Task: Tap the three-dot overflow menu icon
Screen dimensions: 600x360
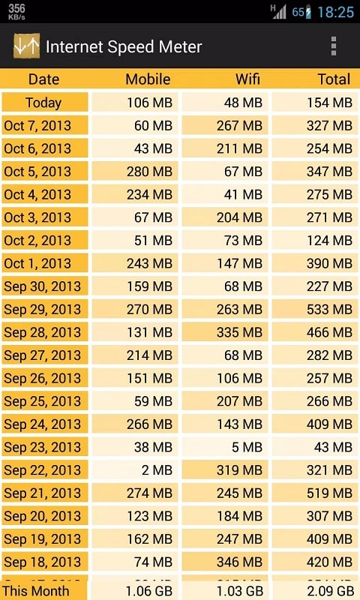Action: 334,46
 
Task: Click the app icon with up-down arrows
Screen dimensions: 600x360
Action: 26,46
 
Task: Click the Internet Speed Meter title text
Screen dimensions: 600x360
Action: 124,46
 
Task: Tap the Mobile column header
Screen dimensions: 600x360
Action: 148,79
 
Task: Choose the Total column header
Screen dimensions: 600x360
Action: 333,79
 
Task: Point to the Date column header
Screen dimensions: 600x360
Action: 44,79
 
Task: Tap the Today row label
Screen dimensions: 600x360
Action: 43,103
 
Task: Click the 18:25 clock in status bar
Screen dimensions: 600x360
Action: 335,12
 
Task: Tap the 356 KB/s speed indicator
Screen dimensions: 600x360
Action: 16,12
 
